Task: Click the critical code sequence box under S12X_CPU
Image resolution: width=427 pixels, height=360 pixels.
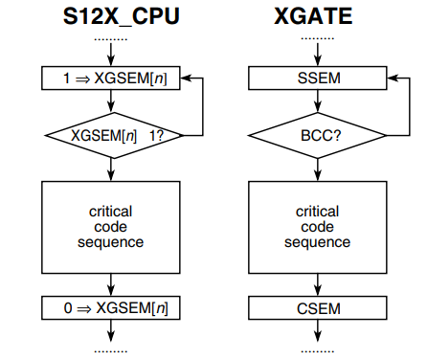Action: (112, 226)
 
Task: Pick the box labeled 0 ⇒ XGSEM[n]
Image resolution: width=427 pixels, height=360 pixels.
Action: (112, 307)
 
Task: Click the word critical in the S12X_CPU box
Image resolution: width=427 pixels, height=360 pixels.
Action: (112, 211)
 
